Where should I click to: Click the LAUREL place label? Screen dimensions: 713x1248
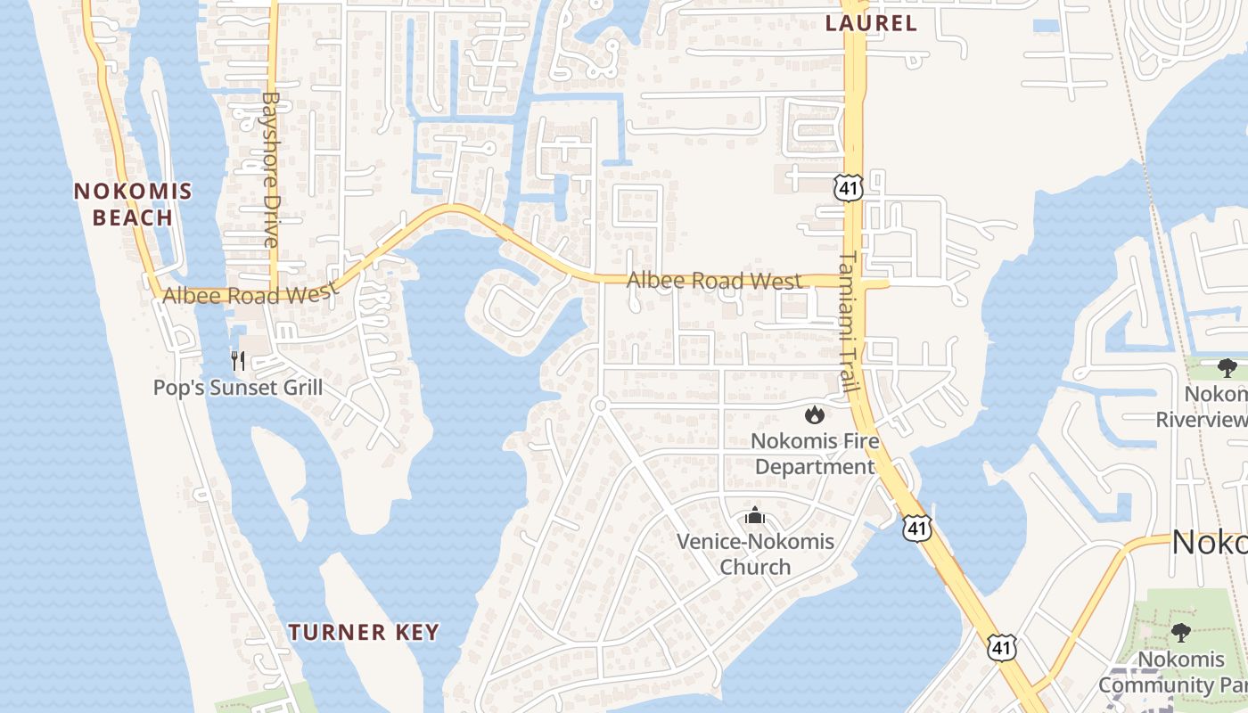(x=871, y=23)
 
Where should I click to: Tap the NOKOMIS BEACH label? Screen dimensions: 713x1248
(x=133, y=204)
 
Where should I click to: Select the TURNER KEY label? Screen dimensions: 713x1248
(x=364, y=633)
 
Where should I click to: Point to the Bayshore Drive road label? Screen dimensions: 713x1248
(x=271, y=169)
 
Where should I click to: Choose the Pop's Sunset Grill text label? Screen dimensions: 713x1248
(x=238, y=388)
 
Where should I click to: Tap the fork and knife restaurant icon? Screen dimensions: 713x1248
(x=238, y=361)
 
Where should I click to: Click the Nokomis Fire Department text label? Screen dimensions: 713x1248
(x=814, y=454)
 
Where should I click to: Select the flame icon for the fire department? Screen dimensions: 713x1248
(x=814, y=414)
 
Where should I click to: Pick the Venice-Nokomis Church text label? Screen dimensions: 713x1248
(x=755, y=553)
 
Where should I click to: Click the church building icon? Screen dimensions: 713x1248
(x=755, y=515)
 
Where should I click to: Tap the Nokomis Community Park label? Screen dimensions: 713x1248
(x=1172, y=672)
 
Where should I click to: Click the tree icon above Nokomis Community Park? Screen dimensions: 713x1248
(x=1182, y=633)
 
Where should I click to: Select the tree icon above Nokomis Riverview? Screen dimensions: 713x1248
(x=1227, y=368)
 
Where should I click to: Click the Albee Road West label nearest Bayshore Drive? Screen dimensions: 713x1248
(x=250, y=292)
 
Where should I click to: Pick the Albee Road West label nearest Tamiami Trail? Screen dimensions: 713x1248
(x=713, y=281)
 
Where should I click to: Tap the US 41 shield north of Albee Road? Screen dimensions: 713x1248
(x=849, y=186)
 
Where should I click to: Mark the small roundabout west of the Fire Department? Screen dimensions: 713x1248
(x=600, y=406)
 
